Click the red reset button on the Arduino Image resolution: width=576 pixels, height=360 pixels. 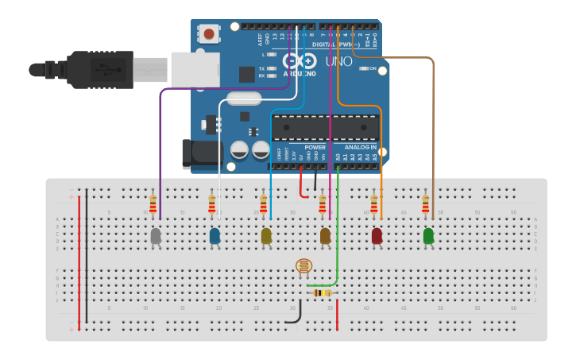209,34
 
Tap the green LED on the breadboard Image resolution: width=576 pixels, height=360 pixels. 428,236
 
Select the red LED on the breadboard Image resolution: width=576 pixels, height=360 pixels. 377,236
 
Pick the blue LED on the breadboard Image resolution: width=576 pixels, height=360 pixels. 215,236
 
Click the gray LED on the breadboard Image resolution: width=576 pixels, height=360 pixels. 156,236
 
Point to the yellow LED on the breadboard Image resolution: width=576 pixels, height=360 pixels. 266,236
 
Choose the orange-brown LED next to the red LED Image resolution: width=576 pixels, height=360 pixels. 325,236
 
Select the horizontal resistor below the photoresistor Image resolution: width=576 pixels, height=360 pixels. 322,293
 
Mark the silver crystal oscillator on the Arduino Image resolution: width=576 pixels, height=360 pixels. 242,99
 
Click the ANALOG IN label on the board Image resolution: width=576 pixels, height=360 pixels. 361,147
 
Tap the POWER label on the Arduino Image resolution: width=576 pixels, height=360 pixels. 315,147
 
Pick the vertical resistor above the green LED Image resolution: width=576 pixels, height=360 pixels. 426,205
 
